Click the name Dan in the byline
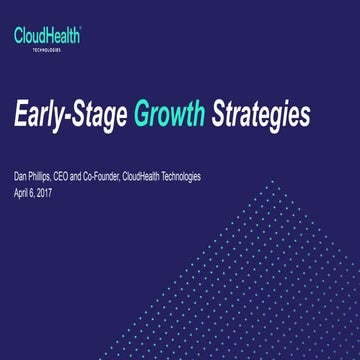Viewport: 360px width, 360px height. [22, 176]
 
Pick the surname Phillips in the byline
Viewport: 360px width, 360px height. [46, 176]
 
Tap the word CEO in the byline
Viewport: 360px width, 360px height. [74, 176]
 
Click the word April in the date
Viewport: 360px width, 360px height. [23, 189]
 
